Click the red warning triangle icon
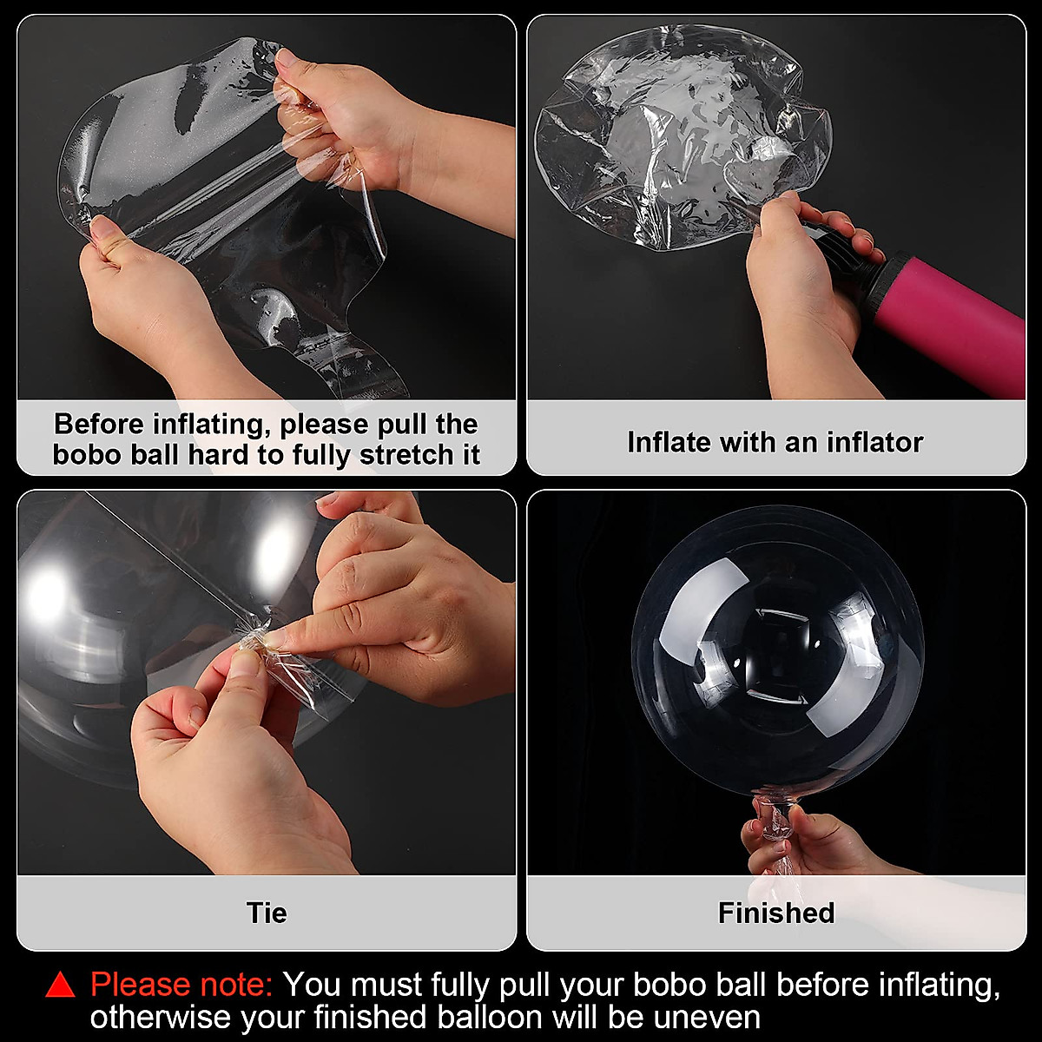[61, 985]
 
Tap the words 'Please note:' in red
[182, 985]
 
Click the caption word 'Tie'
[266, 913]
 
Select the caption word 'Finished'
[775, 913]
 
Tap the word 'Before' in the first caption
[99, 424]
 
